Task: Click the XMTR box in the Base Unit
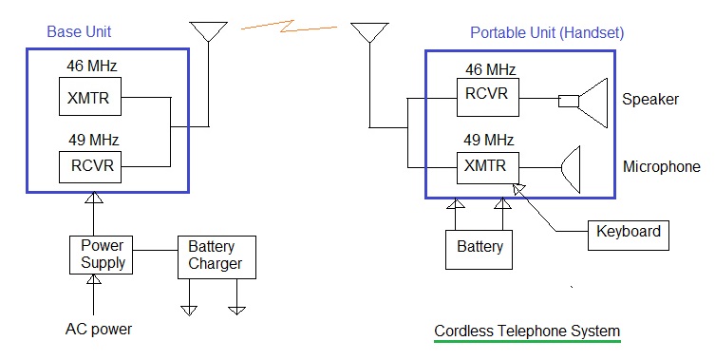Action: (x=90, y=96)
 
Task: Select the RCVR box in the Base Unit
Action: (x=90, y=167)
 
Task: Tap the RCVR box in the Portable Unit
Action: (x=488, y=97)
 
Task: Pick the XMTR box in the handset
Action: (x=488, y=168)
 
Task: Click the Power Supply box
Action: (x=101, y=255)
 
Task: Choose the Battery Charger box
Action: (x=216, y=256)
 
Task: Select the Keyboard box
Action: (x=629, y=236)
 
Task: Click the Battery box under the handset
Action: (x=479, y=250)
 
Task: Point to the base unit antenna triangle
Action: (x=208, y=31)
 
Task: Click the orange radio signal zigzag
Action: (x=288, y=27)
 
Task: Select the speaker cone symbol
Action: (x=593, y=103)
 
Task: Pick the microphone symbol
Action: (x=571, y=170)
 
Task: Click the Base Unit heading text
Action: (x=79, y=32)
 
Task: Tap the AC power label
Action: (x=99, y=329)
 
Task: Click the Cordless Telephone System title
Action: (x=527, y=331)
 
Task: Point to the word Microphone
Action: (x=662, y=166)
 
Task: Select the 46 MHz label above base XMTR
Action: (x=92, y=66)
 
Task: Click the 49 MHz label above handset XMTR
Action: (x=488, y=140)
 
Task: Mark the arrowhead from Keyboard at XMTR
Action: (x=518, y=188)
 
